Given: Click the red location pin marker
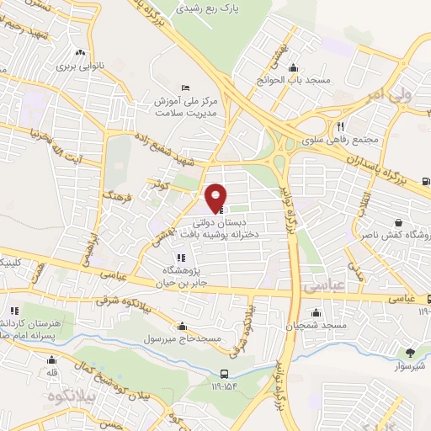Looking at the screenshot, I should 217,197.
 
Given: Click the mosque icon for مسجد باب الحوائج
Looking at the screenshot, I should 292,68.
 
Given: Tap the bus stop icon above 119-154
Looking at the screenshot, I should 223,375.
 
